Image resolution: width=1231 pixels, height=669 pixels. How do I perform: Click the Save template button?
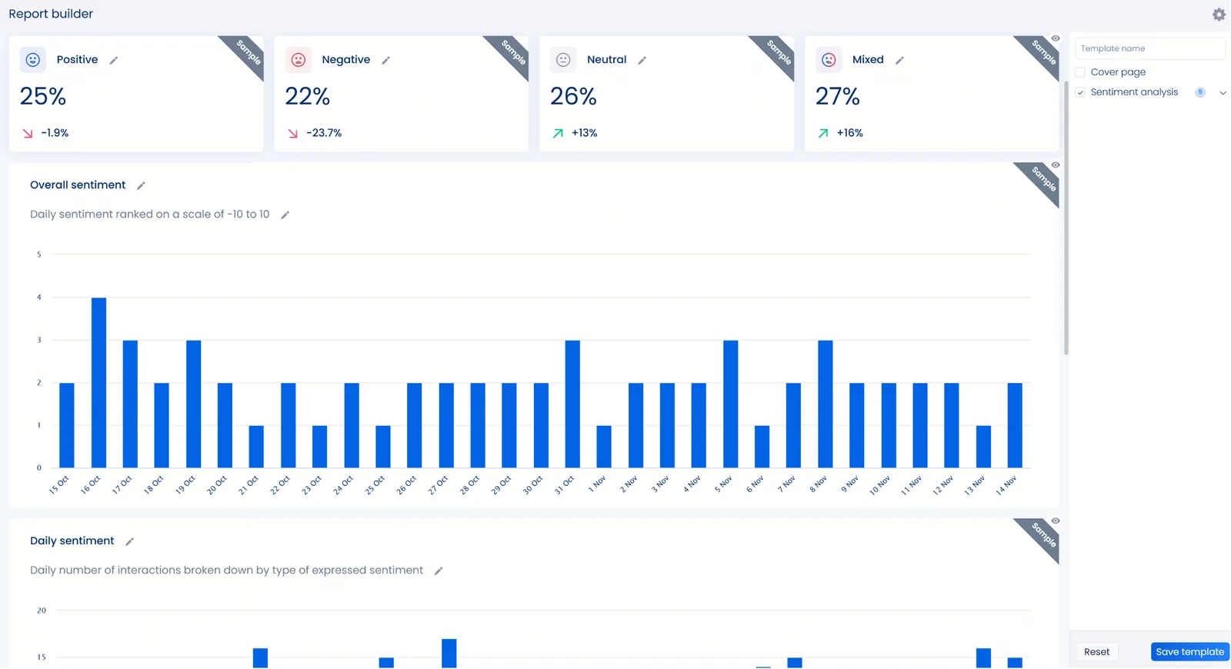(1189, 652)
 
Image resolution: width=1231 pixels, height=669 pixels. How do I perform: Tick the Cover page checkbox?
(1080, 72)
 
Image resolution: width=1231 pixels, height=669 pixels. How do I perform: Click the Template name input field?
(1149, 48)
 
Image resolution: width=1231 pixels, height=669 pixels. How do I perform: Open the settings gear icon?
(1219, 15)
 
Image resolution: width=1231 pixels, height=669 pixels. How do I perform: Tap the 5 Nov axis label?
(724, 484)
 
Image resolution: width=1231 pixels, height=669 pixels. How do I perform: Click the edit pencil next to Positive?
(114, 61)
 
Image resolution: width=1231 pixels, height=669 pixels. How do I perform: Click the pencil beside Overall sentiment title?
(141, 186)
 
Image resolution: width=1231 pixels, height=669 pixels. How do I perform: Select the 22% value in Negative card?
(307, 97)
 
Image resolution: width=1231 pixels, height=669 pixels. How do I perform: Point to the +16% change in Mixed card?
(849, 133)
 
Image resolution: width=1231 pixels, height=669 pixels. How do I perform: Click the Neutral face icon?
(563, 60)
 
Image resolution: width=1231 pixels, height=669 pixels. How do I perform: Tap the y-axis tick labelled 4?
(39, 297)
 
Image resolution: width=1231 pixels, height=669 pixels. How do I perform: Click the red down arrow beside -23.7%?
(292, 134)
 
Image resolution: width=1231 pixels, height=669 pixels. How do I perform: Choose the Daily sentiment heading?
(72, 541)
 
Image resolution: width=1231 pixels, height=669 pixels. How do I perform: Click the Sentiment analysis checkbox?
(1080, 92)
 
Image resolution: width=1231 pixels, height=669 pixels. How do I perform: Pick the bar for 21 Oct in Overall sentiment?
(256, 447)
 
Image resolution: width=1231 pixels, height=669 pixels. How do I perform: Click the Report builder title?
(51, 14)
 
